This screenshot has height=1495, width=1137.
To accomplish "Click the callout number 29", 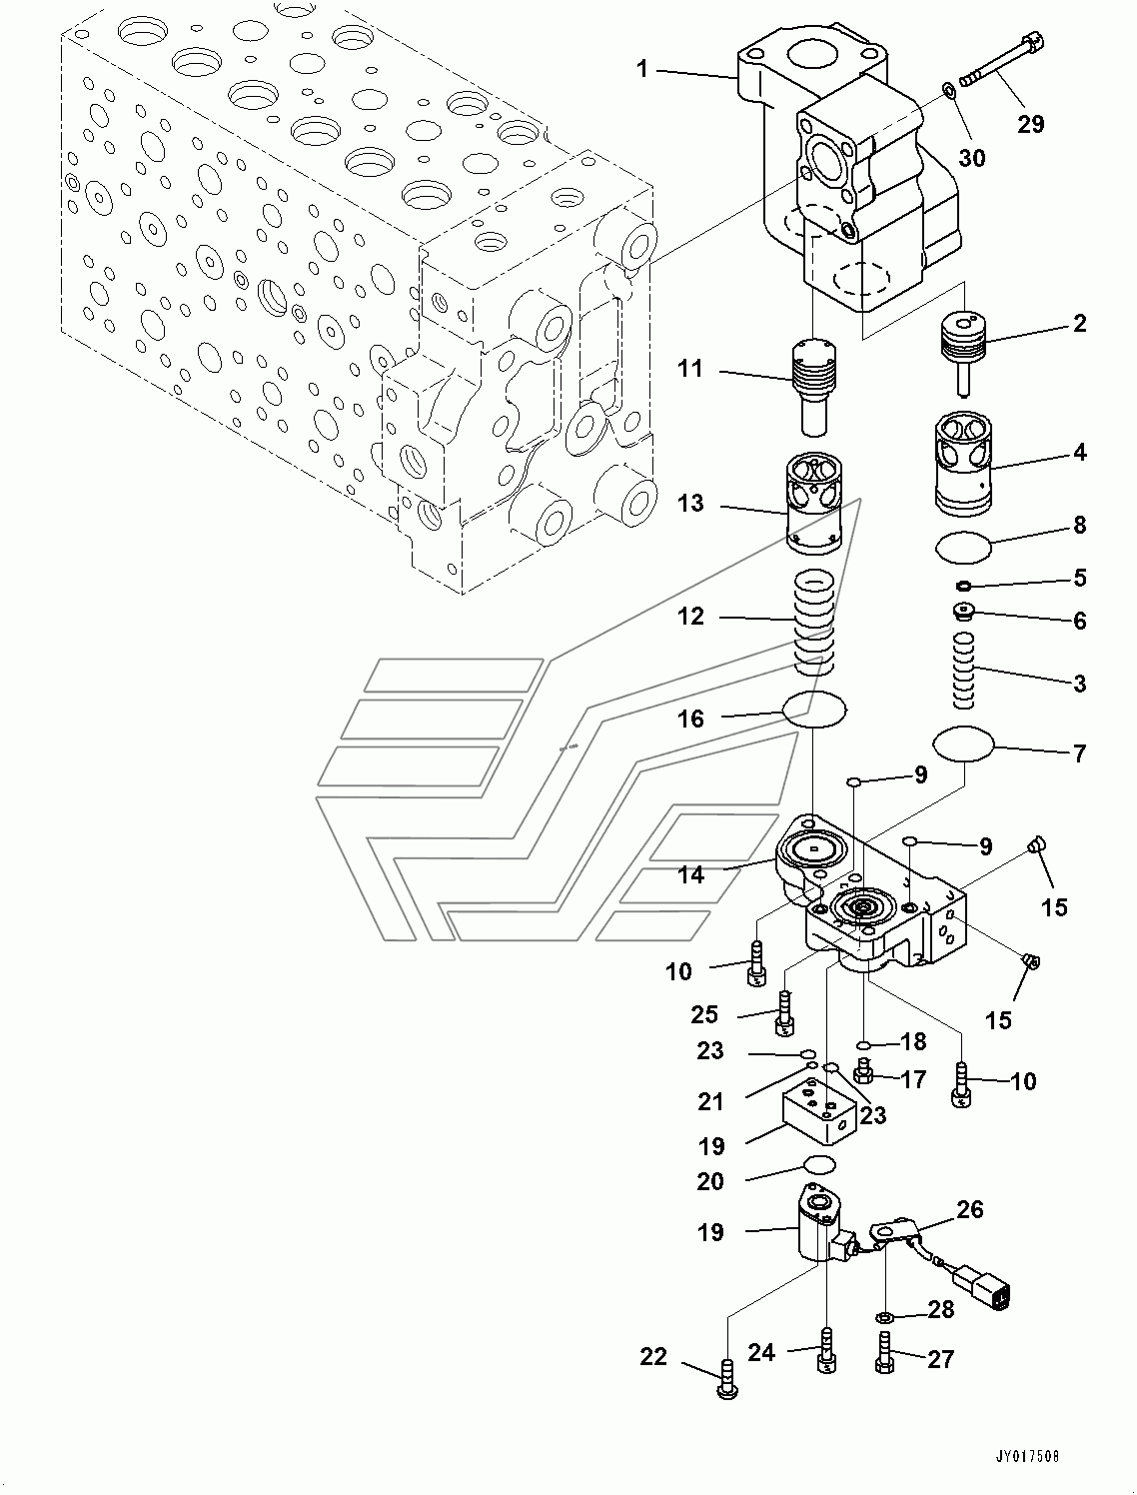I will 1030,124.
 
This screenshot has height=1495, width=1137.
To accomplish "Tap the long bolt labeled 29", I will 1000,62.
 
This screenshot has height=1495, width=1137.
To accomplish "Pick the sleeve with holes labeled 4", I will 964,465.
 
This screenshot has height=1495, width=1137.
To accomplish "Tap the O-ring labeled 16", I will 814,709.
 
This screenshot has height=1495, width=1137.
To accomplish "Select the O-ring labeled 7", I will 964,743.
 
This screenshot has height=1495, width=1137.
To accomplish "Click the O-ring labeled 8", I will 964,548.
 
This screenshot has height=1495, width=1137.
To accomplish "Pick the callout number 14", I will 690,875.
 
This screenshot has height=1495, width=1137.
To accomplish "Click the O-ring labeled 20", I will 819,1163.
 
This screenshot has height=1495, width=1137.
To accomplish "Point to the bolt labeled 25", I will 784,1012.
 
